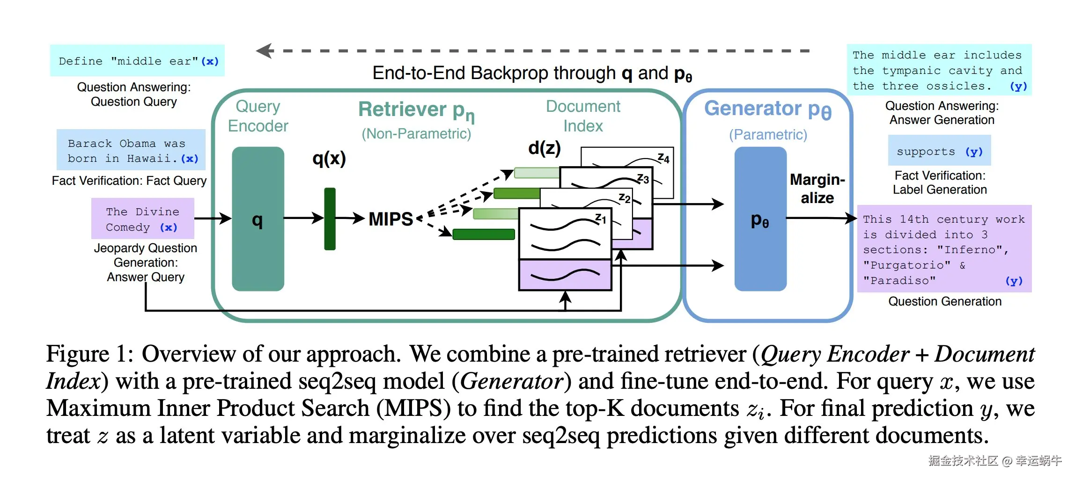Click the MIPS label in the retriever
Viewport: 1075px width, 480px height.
click(390, 219)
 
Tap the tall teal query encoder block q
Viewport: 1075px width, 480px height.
click(258, 219)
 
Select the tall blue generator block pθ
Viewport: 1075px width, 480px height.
click(760, 219)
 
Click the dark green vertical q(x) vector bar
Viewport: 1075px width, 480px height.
click(330, 219)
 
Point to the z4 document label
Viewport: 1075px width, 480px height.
click(663, 158)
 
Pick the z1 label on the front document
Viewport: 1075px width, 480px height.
click(600, 218)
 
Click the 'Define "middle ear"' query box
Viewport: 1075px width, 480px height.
click(137, 61)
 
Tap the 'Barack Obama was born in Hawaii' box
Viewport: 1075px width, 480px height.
click(131, 150)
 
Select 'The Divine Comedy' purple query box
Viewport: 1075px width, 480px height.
click(142, 219)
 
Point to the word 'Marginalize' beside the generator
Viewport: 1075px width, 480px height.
click(817, 189)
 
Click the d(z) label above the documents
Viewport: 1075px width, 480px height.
click(544, 148)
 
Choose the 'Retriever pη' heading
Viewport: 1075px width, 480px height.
click(416, 110)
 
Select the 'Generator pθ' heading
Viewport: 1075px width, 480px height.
click(768, 109)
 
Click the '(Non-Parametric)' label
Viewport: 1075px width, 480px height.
click(416, 134)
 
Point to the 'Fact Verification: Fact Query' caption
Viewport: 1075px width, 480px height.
click(129, 181)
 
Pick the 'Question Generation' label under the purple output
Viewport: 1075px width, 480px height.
click(945, 301)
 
